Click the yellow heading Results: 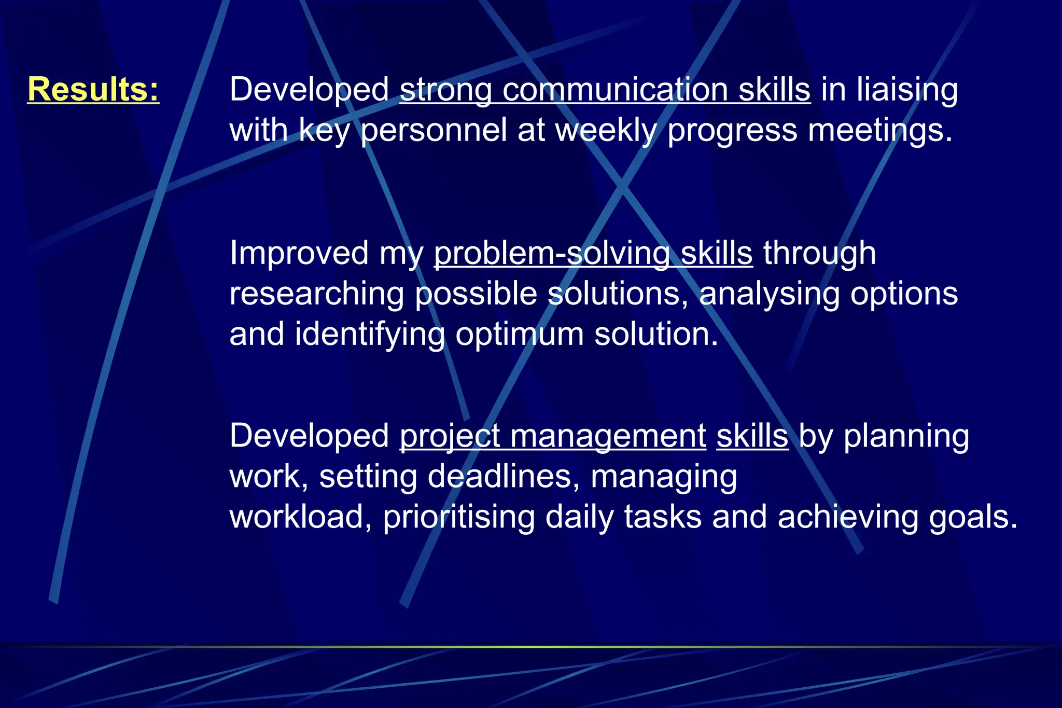(93, 89)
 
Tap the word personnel (434, 130)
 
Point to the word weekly (606, 130)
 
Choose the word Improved (299, 253)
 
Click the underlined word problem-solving (551, 253)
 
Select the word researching (316, 294)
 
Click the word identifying (370, 334)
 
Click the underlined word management (608, 436)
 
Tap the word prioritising (459, 517)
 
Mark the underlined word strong (445, 90)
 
